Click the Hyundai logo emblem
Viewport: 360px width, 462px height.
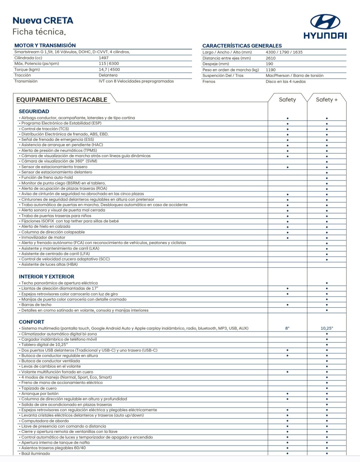pyautogui.click(x=325, y=22)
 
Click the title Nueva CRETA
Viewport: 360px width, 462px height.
pyautogui.click(x=43, y=21)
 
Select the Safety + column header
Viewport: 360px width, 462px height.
pyautogui.click(x=326, y=100)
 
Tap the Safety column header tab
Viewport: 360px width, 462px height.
pyautogui.click(x=287, y=100)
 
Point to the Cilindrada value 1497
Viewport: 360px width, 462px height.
pyautogui.click(x=104, y=58)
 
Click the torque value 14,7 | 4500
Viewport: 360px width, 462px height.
pyautogui.click(x=109, y=70)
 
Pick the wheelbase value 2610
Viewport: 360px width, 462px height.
pyautogui.click(x=271, y=58)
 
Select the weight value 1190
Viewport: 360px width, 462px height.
pyautogui.click(x=271, y=70)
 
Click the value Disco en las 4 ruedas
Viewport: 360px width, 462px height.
pyautogui.click(x=285, y=82)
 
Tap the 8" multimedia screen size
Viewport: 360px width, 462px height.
pyautogui.click(x=287, y=328)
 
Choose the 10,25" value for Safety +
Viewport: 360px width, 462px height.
pyautogui.click(x=327, y=328)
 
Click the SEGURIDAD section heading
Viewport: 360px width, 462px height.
pyautogui.click(x=34, y=112)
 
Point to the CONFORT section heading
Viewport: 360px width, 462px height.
pyautogui.click(x=32, y=322)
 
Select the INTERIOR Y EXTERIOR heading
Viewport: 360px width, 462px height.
pyautogui.click(x=47, y=276)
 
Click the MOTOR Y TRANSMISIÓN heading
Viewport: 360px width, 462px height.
pyautogui.click(x=45, y=45)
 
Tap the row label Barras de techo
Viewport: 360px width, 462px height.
pyautogui.click(x=36, y=305)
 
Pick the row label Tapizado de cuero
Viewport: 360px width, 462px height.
pyautogui.click(x=39, y=388)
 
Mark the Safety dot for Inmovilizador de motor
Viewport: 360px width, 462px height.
pyautogui.click(x=287, y=238)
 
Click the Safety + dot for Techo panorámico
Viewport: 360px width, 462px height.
pyautogui.click(x=327, y=283)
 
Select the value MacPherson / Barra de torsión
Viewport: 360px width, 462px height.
pyautogui.click(x=294, y=76)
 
